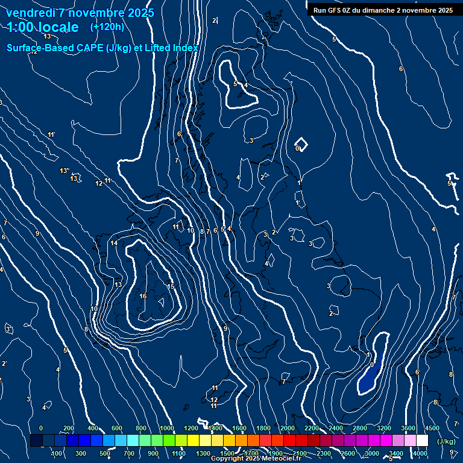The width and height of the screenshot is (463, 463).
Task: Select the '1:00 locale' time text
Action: coord(43,28)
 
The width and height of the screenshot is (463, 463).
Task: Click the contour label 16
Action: coord(143,296)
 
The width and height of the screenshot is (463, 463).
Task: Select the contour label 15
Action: coord(171,286)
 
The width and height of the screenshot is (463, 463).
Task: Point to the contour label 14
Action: coord(114,243)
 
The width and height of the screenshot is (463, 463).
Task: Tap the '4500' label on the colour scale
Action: coord(432,428)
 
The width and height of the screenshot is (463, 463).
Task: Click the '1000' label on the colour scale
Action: coord(167,428)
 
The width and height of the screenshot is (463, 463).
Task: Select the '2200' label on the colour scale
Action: coord(312,428)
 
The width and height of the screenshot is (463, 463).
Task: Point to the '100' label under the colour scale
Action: coord(57,453)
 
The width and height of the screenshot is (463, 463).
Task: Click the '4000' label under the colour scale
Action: coord(420,453)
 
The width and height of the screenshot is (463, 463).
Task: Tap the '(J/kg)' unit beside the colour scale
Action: coord(446,441)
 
